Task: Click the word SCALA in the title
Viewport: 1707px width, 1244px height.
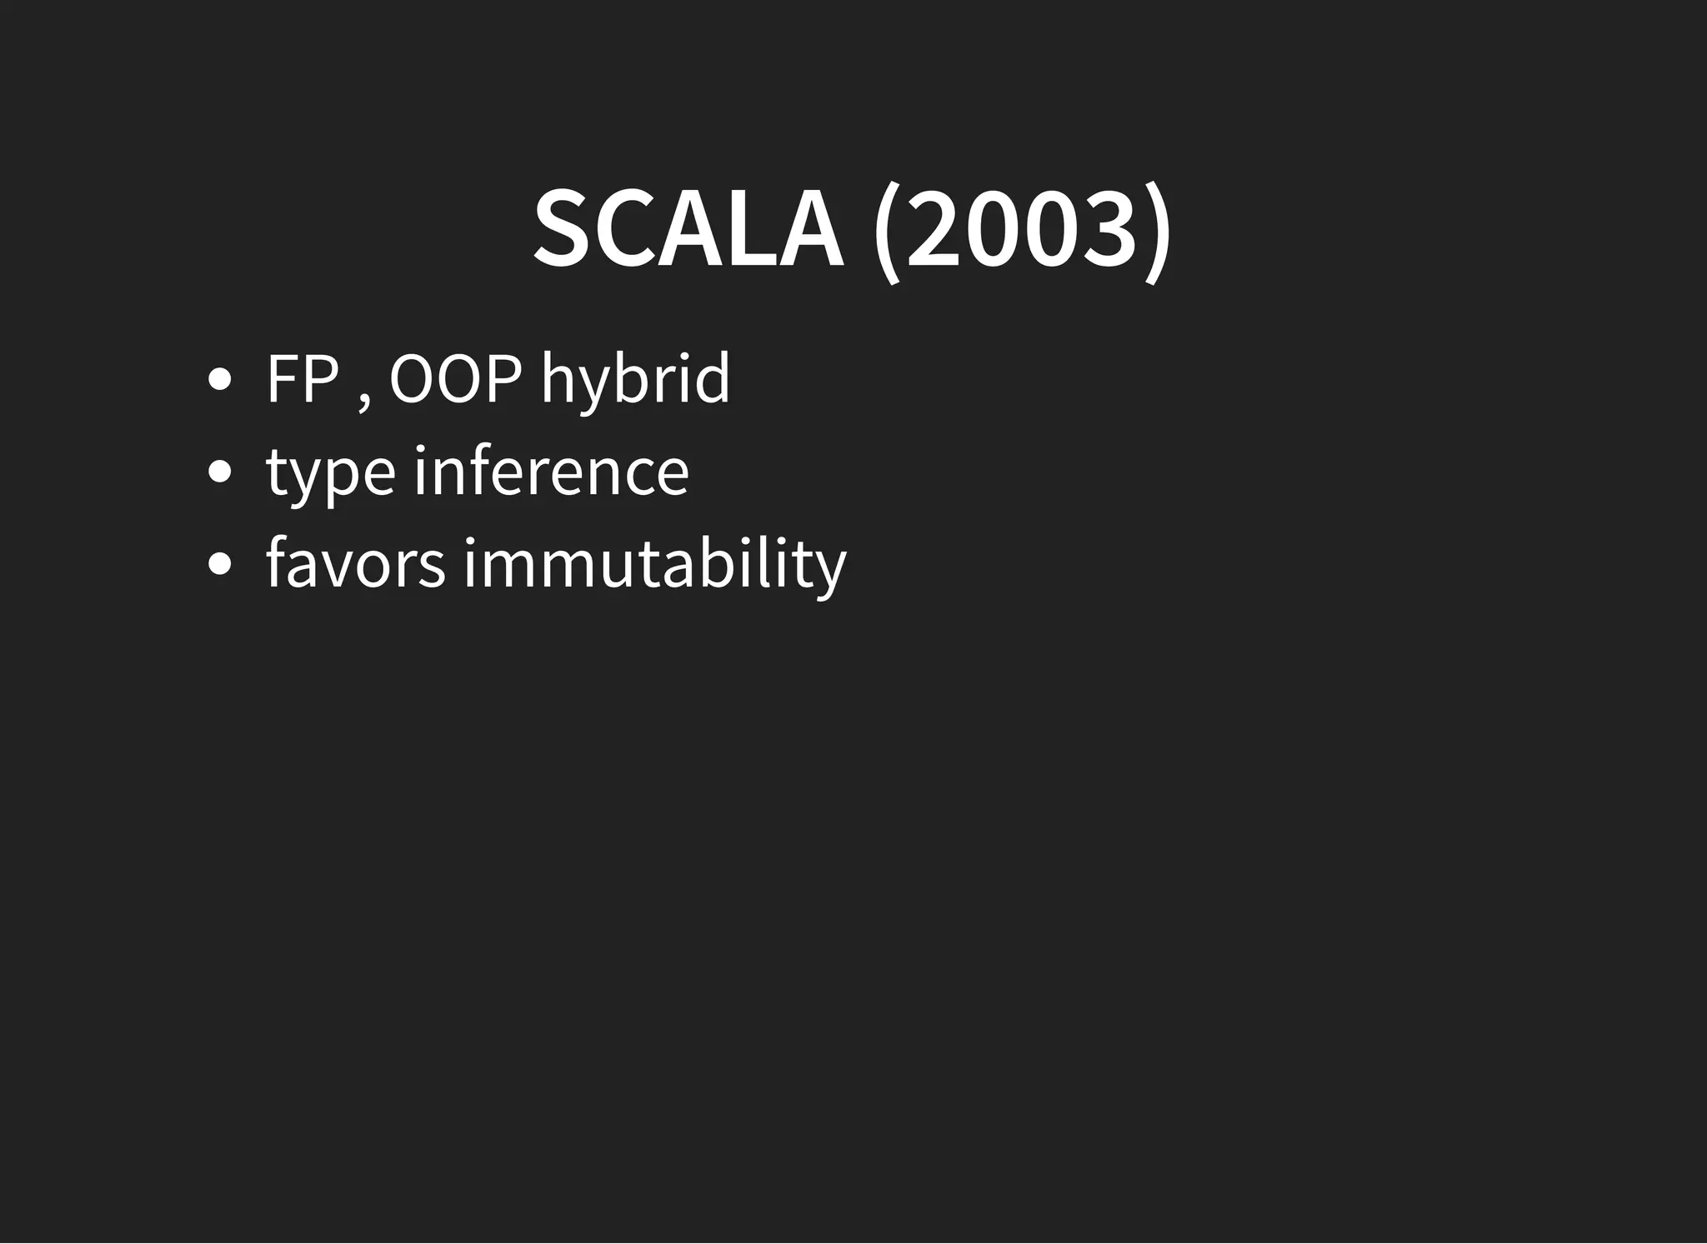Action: (x=688, y=229)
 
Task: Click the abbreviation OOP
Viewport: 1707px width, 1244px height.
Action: (x=455, y=379)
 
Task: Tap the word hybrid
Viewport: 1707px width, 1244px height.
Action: (x=635, y=379)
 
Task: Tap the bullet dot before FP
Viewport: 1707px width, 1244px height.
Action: (x=219, y=381)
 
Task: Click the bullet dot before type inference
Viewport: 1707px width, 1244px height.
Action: (x=219, y=473)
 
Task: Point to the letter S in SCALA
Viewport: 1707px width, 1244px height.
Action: (x=561, y=229)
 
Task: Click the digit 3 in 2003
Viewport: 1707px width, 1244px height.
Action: (x=1112, y=229)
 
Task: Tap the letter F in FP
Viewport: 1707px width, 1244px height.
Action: (x=282, y=379)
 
